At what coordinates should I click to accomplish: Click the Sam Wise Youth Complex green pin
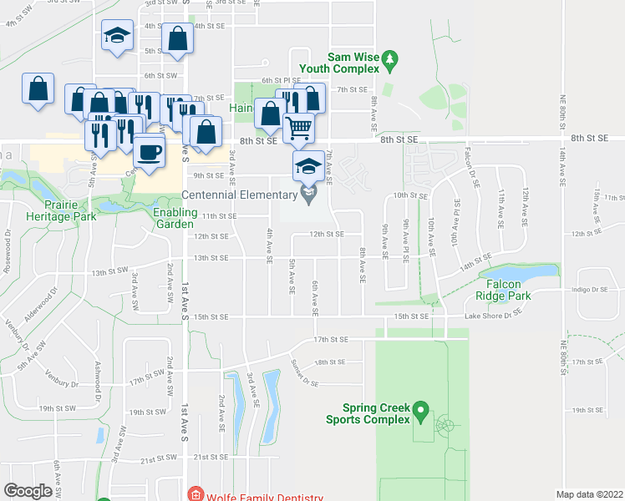389,59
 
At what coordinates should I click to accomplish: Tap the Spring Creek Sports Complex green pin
421,412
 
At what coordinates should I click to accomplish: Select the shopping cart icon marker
299,128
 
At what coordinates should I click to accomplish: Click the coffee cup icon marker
150,152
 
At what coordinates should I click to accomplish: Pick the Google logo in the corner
28,491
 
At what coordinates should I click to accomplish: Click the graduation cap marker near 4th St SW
117,36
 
